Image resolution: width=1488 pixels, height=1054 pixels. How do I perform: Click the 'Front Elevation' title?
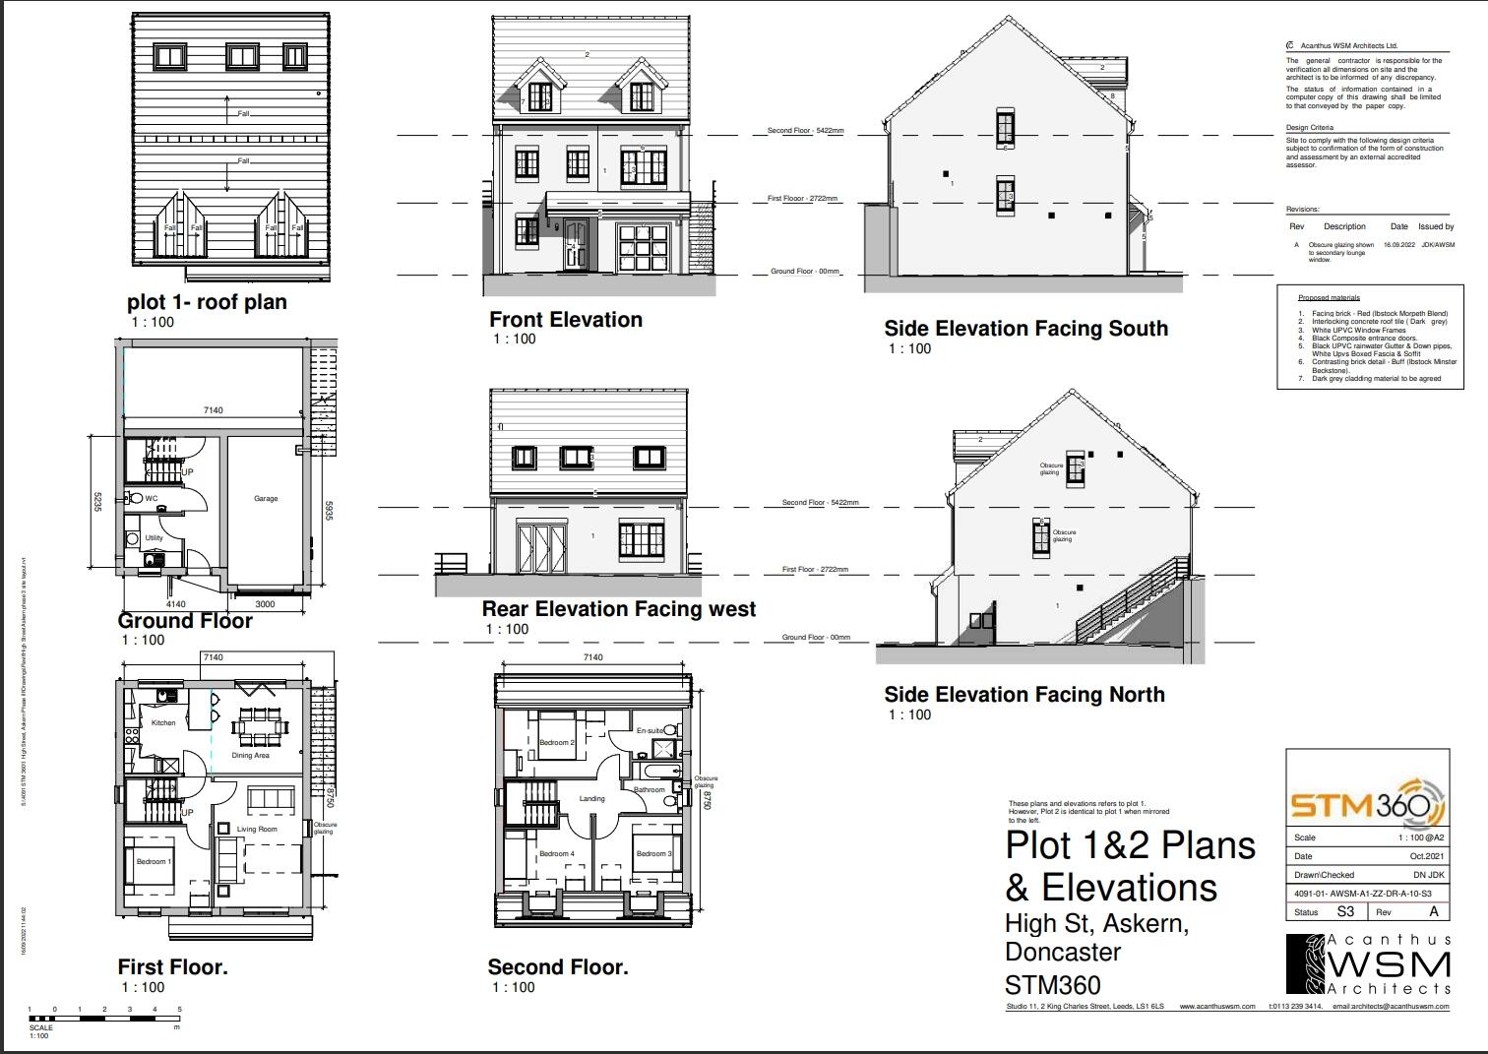coord(566,320)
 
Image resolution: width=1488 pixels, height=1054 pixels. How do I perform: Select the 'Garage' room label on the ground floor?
coord(266,499)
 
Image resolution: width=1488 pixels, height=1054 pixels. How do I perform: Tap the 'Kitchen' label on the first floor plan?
coord(163,723)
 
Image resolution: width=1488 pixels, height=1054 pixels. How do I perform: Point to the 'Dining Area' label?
coord(250,756)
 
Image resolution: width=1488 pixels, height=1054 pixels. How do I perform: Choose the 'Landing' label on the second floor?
coord(591,799)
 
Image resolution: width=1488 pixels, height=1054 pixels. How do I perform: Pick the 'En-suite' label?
coord(649,731)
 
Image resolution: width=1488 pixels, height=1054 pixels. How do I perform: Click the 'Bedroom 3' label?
coord(651,854)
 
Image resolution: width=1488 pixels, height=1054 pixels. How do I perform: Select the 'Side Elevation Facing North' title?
coord(1023,695)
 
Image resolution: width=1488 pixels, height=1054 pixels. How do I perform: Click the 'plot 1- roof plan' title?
coord(207,302)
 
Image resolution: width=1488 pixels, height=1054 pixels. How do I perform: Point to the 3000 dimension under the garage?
coord(265,604)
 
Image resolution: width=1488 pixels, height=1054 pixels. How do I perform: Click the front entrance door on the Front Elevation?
coord(576,245)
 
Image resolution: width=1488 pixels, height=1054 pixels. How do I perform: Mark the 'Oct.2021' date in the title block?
coord(1426,856)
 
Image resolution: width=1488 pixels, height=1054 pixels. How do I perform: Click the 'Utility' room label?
coord(154,538)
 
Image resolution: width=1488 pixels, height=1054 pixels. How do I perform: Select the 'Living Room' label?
coord(257,830)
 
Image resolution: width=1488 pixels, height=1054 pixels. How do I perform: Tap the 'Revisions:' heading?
coord(1302,210)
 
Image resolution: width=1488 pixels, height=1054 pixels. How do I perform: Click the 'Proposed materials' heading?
coord(1329,298)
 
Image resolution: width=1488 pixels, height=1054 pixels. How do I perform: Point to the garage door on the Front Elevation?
coord(642,248)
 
